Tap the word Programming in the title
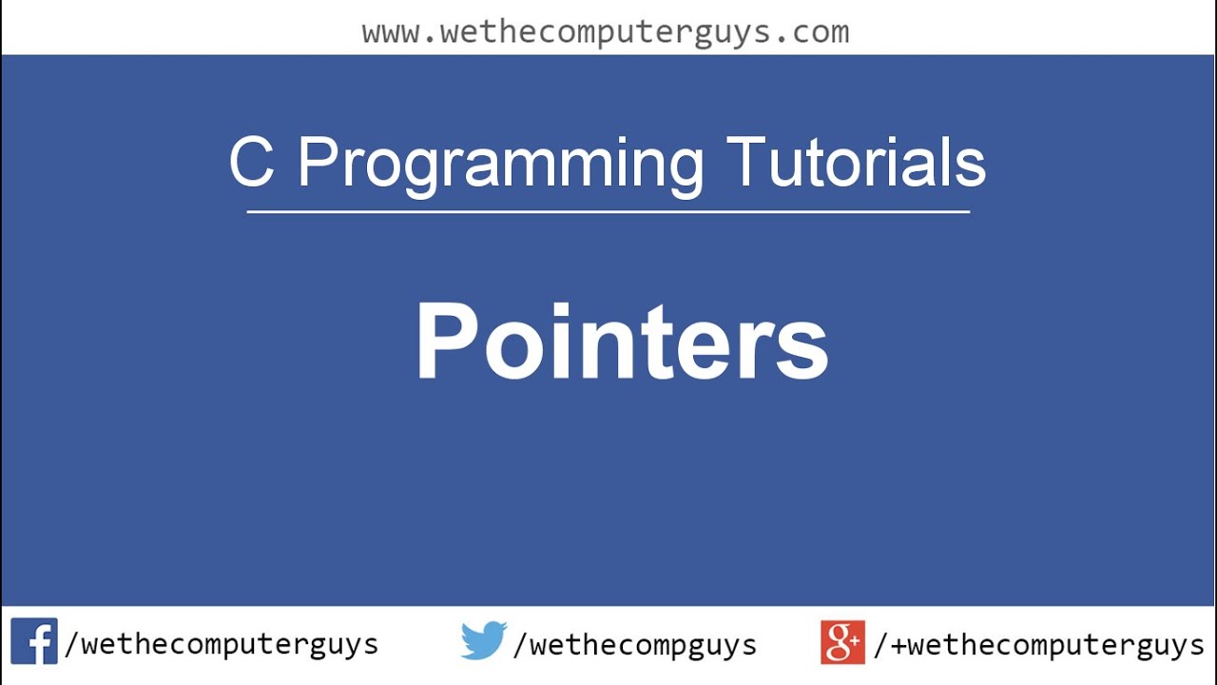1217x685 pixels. [x=500, y=164]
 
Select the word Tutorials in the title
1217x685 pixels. [x=856, y=162]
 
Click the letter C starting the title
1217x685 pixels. [x=252, y=162]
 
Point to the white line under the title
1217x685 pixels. [x=608, y=211]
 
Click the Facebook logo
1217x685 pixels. [x=34, y=641]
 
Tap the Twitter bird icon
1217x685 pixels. [x=484, y=641]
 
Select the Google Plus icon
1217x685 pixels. [x=843, y=641]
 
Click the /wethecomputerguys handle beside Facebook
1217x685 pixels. [x=221, y=644]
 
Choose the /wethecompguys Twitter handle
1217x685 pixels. [x=634, y=644]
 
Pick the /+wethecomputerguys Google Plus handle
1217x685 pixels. [x=1038, y=644]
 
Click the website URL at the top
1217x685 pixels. [x=606, y=32]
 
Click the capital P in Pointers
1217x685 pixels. [x=447, y=341]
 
